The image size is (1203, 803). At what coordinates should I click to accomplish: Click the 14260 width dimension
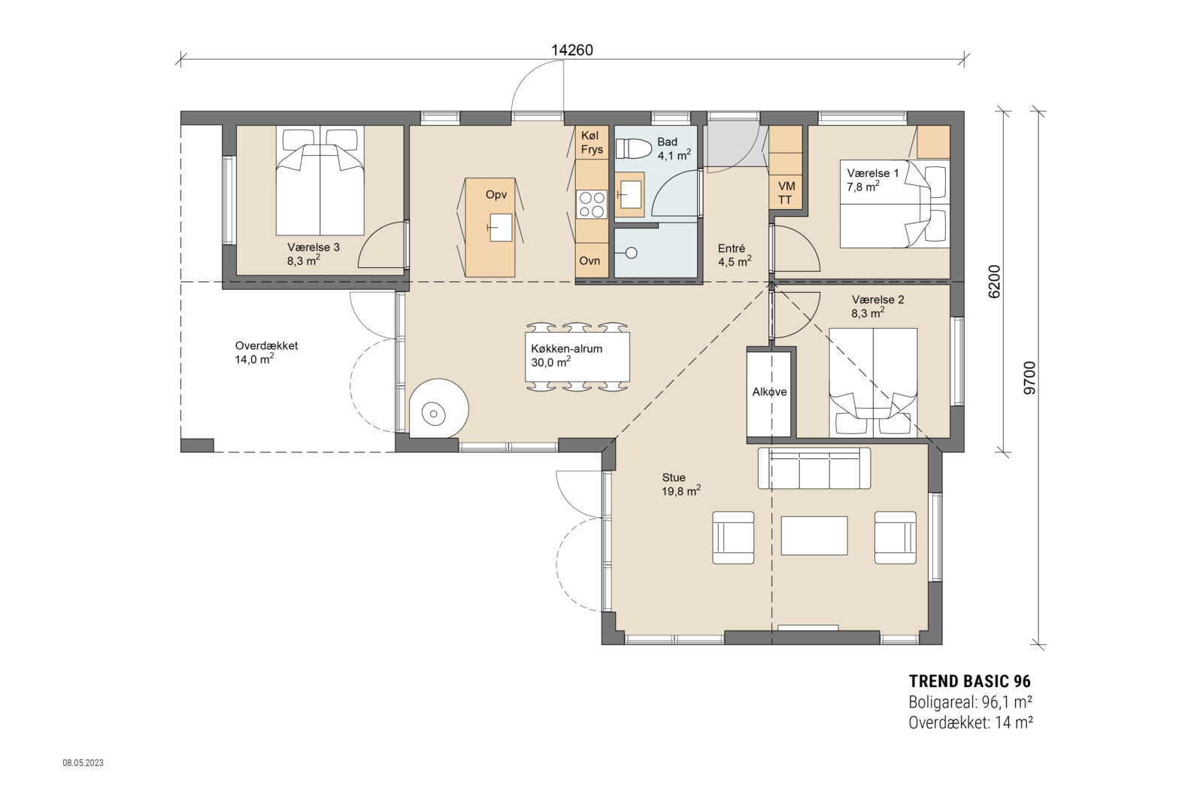572,50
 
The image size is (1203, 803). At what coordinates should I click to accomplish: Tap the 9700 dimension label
1029,378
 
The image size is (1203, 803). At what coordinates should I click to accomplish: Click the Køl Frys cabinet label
592,142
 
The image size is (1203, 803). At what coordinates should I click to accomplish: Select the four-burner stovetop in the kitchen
591,203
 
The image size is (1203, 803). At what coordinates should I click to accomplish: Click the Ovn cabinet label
590,260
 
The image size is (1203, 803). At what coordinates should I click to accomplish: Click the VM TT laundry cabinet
786,193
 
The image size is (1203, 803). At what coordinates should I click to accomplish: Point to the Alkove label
769,392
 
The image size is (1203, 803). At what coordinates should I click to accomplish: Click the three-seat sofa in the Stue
814,469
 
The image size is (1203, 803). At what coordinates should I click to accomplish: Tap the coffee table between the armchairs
814,535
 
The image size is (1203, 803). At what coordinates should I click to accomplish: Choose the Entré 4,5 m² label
733,255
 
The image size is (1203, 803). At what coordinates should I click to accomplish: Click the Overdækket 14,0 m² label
266,352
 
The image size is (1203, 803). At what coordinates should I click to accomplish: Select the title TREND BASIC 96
969,681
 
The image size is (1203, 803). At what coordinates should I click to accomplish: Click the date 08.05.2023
83,763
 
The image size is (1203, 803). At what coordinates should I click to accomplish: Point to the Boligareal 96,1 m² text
969,702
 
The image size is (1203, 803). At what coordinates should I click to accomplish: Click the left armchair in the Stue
733,537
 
